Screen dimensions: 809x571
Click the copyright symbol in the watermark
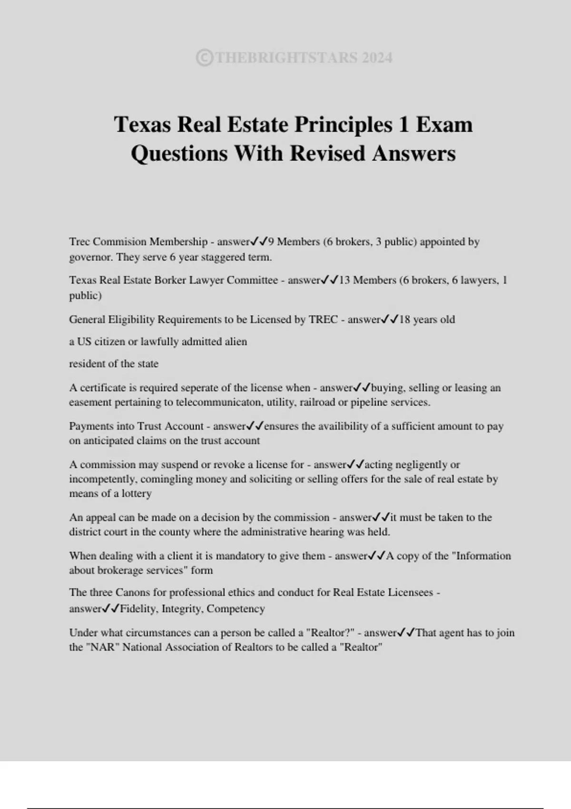pyautogui.click(x=204, y=58)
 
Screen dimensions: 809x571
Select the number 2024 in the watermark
pyautogui.click(x=377, y=58)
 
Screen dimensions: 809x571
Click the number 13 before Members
pyautogui.click(x=344, y=280)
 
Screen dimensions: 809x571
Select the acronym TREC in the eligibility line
pyautogui.click(x=323, y=319)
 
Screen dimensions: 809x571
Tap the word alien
pyautogui.click(x=235, y=342)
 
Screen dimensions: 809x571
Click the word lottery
pyautogui.click(x=137, y=493)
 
